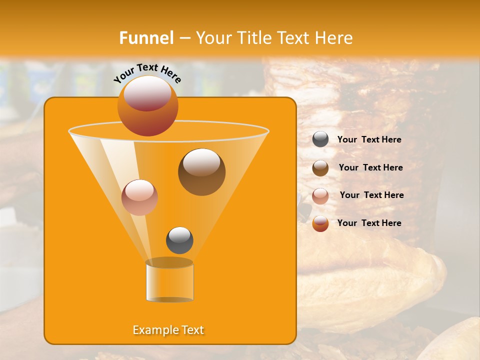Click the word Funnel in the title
pos(146,37)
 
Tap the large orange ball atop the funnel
pos(147,105)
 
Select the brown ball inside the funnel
pos(201,172)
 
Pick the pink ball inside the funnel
pos(139,197)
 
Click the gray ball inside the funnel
pos(179,240)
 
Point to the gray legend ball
pos(320,139)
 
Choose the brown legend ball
pos(320,167)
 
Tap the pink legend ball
pos(320,195)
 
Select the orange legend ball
pos(320,223)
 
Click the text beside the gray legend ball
pos(369,139)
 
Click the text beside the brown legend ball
pos(370,167)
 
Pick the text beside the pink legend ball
pos(371,195)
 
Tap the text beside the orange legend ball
pos(369,223)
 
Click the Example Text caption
pos(168,330)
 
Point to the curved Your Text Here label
pos(147,72)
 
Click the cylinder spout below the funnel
pos(169,281)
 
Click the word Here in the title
pos(335,37)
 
